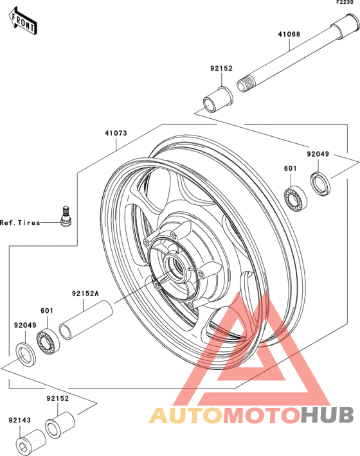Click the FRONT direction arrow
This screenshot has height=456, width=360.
pos(22,21)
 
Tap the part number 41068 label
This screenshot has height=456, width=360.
pos(289,34)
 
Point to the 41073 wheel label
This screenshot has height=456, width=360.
pos(116,133)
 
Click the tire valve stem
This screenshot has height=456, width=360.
pos(66,216)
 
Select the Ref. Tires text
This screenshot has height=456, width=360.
pos(20,223)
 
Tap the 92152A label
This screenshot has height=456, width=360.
pos(85,294)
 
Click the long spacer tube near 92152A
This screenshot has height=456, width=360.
pos(85,320)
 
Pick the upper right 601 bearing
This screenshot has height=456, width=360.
pos(295,198)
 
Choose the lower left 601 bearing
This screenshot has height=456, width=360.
pos(48,342)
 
